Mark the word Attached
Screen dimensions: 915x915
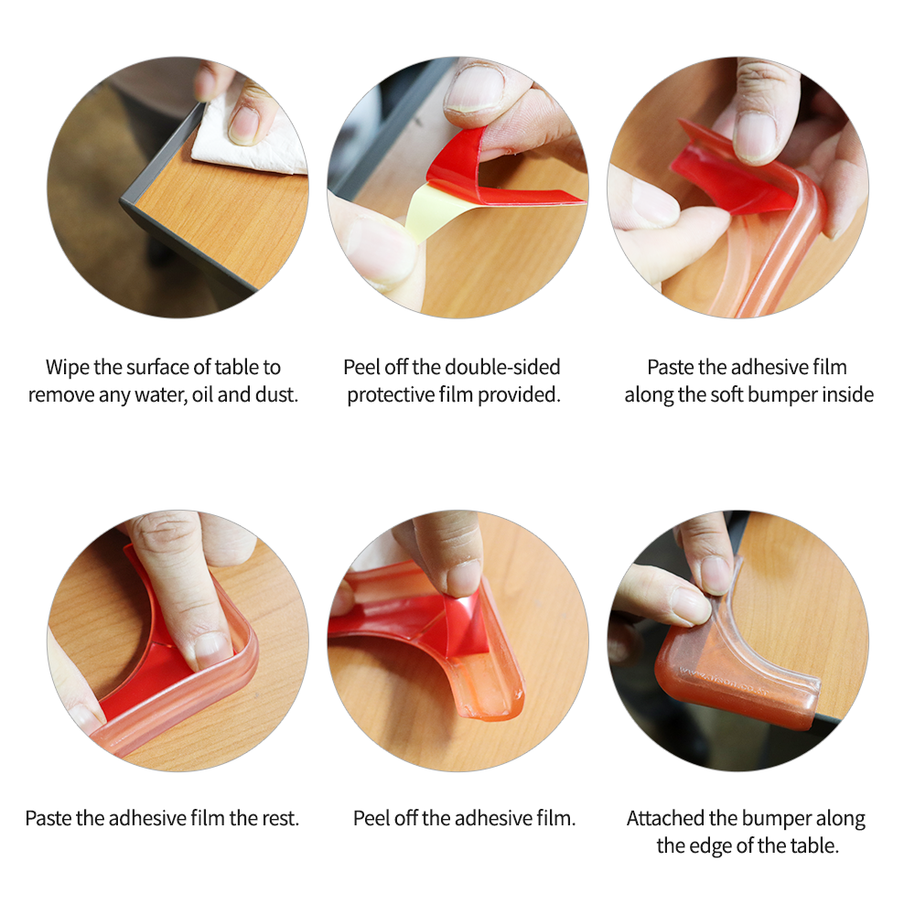click(x=666, y=818)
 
